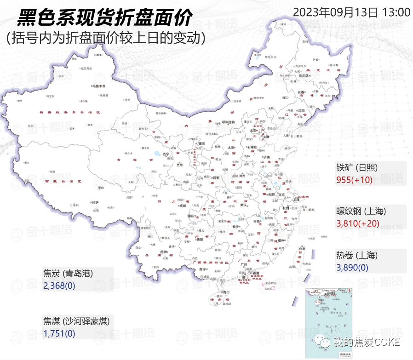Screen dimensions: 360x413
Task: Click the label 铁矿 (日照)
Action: pyautogui.click(x=357, y=167)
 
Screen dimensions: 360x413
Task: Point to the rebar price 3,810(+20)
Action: pyautogui.click(x=358, y=223)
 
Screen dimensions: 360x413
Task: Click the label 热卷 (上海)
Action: pyautogui.click(x=357, y=255)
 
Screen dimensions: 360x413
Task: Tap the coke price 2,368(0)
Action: pyautogui.click(x=59, y=286)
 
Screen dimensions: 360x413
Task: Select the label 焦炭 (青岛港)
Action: pyautogui.click(x=68, y=274)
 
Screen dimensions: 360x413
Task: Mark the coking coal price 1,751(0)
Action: pyautogui.click(x=59, y=333)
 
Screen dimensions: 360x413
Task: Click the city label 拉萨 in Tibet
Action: pyautogui.click(x=95, y=202)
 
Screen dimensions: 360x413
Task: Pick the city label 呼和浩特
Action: pyautogui.click(x=229, y=122)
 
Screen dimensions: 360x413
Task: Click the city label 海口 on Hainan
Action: pyautogui.click(x=225, y=292)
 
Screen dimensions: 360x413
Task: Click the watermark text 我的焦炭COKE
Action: pyautogui.click(x=367, y=342)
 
